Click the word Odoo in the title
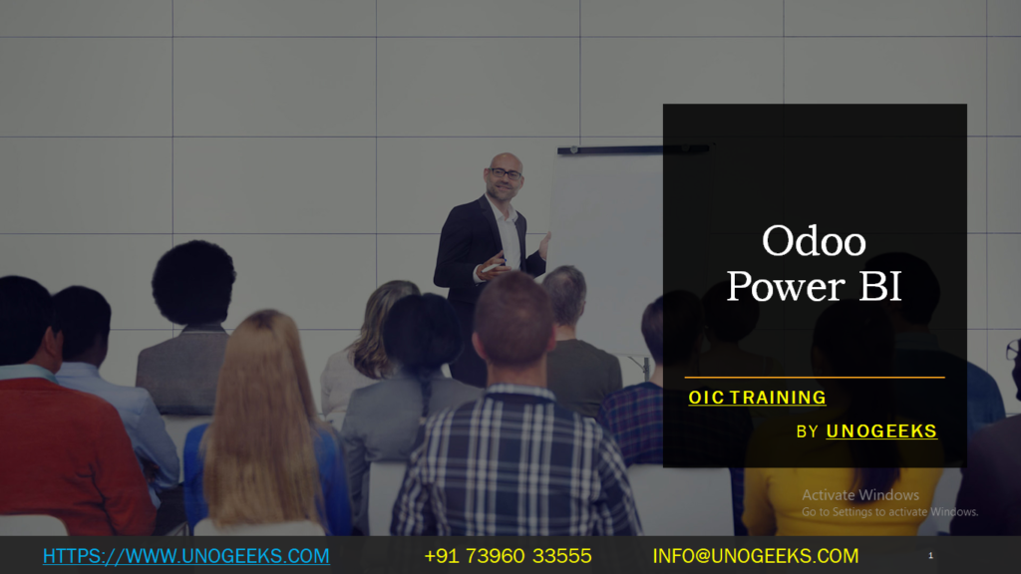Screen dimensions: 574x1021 814,241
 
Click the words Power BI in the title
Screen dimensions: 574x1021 814,286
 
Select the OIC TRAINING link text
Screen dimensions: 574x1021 757,398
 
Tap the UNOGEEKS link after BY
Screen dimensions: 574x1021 881,431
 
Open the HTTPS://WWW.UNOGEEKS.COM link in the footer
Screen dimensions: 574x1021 185,556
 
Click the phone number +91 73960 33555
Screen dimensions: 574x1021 508,556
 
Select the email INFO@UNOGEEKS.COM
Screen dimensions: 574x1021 755,556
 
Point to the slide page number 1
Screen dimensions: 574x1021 930,555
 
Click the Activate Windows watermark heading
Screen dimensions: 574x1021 860,495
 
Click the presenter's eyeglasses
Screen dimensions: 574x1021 506,173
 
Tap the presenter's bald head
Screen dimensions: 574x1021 505,159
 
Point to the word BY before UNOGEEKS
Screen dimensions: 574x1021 807,431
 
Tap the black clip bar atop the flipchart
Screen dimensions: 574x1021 632,149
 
